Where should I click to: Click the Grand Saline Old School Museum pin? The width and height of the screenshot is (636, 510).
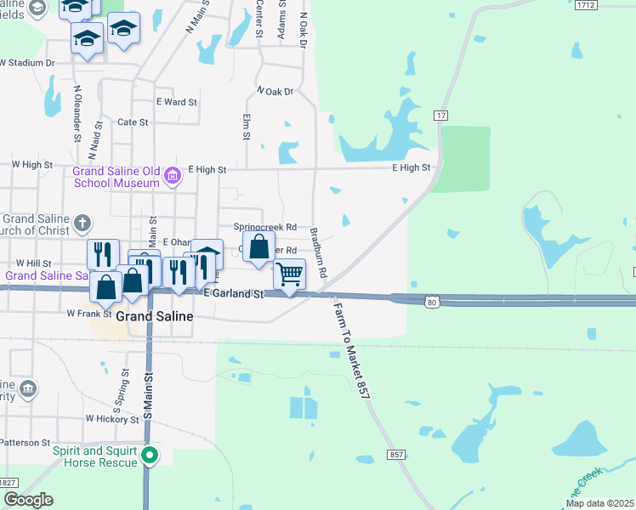coord(173,176)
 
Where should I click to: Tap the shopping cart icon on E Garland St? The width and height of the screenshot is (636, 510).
coord(289,275)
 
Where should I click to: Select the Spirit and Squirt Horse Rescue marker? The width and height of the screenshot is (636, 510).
coord(150,456)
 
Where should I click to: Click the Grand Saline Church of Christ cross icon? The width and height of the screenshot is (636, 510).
coord(82,223)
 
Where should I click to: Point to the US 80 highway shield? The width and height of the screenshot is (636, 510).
coord(432,302)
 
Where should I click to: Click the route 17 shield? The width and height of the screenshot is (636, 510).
coord(440,115)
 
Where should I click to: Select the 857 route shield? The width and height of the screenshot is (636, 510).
coord(396,456)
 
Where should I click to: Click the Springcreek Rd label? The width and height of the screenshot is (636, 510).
coord(265,228)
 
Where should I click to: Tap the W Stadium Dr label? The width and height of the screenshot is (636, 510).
coord(27,63)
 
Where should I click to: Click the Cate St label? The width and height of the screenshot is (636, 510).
coord(133,122)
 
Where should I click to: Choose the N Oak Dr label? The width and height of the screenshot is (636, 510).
coord(274,91)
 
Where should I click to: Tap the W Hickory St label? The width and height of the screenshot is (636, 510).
coord(111,420)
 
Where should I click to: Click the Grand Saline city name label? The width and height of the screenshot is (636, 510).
coord(154,316)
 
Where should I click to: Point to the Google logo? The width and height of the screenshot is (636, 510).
coord(28,500)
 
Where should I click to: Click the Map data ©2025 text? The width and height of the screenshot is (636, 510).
coord(599,503)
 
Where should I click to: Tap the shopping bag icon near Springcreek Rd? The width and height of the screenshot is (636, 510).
coord(259,247)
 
